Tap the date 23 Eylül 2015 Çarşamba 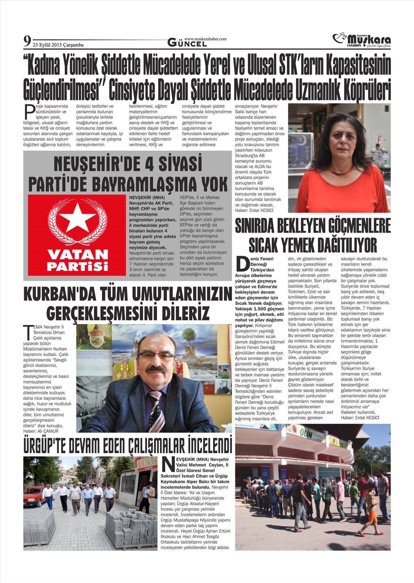coord(58,45)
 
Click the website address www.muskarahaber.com coord(205,39)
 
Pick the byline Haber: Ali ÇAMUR coord(41,431)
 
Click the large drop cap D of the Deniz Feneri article coord(241,264)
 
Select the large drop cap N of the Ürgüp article coord(167,464)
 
